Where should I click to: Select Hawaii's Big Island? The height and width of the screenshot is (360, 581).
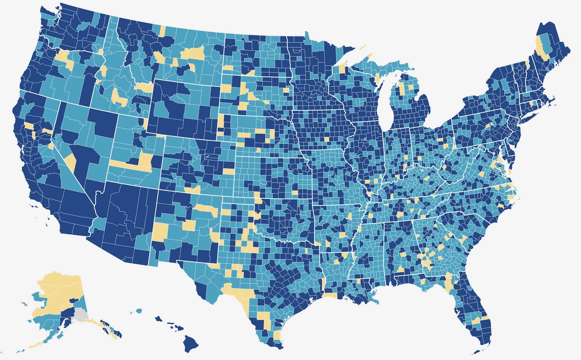coord(191,343)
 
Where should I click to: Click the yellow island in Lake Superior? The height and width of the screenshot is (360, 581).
coord(362,46)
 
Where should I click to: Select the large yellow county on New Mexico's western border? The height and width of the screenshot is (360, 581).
coord(160,232)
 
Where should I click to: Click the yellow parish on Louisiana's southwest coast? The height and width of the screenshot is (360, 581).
coord(330,296)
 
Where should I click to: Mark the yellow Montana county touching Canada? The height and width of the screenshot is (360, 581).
coord(162,31)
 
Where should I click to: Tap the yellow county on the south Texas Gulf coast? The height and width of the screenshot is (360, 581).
coord(277,336)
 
